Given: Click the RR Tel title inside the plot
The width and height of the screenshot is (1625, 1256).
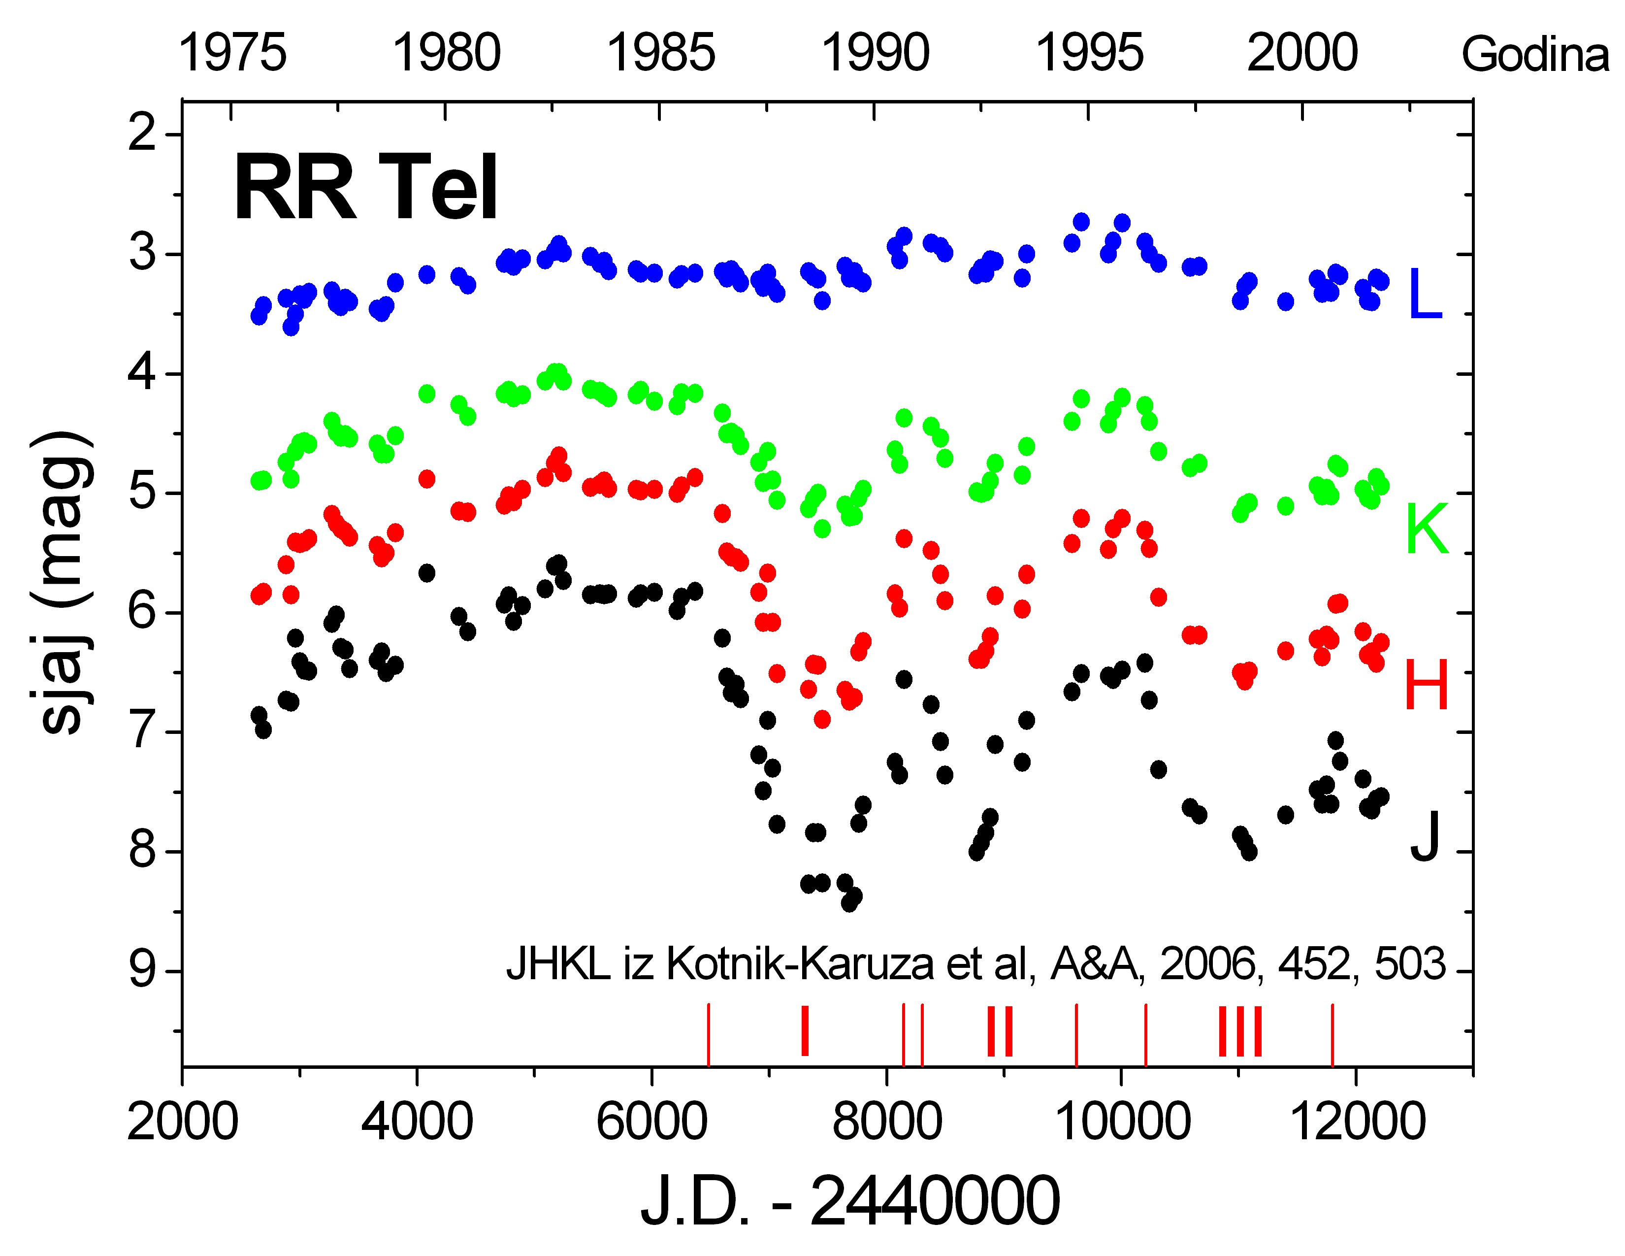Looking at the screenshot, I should (x=364, y=188).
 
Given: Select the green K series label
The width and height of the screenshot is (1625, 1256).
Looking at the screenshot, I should (x=1427, y=529).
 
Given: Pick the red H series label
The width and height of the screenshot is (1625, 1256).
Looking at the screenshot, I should (x=1427, y=685).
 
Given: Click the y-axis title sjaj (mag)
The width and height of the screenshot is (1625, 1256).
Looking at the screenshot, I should (x=63, y=583).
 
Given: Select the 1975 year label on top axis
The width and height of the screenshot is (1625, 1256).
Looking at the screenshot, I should (x=232, y=54).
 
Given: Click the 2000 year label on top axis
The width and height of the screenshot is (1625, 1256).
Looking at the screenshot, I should (x=1302, y=54).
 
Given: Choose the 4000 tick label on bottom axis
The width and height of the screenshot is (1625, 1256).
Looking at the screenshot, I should (x=417, y=1122).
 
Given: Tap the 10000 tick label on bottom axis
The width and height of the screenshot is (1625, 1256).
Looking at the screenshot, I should (x=1123, y=1122).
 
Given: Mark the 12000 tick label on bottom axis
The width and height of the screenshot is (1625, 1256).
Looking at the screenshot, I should (x=1358, y=1122).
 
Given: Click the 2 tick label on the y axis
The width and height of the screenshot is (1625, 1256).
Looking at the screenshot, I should (x=142, y=134).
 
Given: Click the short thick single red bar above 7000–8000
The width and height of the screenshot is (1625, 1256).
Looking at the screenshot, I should (x=804, y=1030).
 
